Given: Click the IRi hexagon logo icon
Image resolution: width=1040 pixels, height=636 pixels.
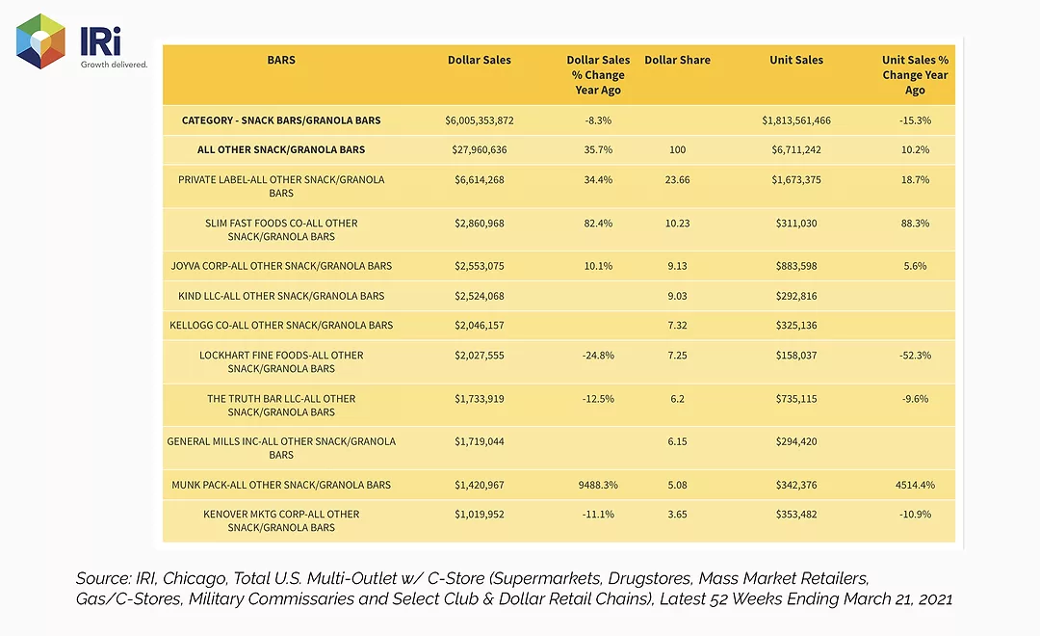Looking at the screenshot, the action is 40,41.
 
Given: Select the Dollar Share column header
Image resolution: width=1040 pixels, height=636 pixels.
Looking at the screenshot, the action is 677,60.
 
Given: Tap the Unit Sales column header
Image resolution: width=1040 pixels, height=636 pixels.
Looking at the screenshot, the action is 796,60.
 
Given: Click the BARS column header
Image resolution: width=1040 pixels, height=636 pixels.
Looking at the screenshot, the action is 281,60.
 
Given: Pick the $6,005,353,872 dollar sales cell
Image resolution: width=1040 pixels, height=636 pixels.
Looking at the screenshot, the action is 479,120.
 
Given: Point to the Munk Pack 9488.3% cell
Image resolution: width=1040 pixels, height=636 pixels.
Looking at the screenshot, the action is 598,485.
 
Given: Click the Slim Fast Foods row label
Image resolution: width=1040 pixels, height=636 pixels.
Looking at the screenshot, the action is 281,229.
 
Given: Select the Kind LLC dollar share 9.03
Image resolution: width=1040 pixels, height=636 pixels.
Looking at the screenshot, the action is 677,296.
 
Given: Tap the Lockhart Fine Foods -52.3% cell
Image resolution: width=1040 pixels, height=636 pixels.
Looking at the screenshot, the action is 916,356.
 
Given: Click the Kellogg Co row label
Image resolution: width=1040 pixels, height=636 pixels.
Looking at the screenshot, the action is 281,326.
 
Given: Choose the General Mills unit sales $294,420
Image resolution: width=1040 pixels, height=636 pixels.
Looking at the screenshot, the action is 796,441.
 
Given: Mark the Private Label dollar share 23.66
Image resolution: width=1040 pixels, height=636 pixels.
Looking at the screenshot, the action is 677,179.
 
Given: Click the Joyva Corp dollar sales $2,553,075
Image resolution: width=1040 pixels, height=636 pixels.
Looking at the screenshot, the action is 479,266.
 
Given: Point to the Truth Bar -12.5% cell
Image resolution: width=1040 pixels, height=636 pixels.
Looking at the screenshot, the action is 598,399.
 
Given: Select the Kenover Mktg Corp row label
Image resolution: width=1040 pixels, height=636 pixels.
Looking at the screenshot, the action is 281,520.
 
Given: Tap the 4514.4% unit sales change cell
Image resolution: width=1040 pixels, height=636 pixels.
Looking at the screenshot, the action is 916,485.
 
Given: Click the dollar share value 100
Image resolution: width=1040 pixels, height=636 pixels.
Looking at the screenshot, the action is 677,149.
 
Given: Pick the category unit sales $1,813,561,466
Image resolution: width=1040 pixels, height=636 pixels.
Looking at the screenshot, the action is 796,120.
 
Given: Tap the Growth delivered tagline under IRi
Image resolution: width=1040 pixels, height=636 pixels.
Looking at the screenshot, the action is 114,65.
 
